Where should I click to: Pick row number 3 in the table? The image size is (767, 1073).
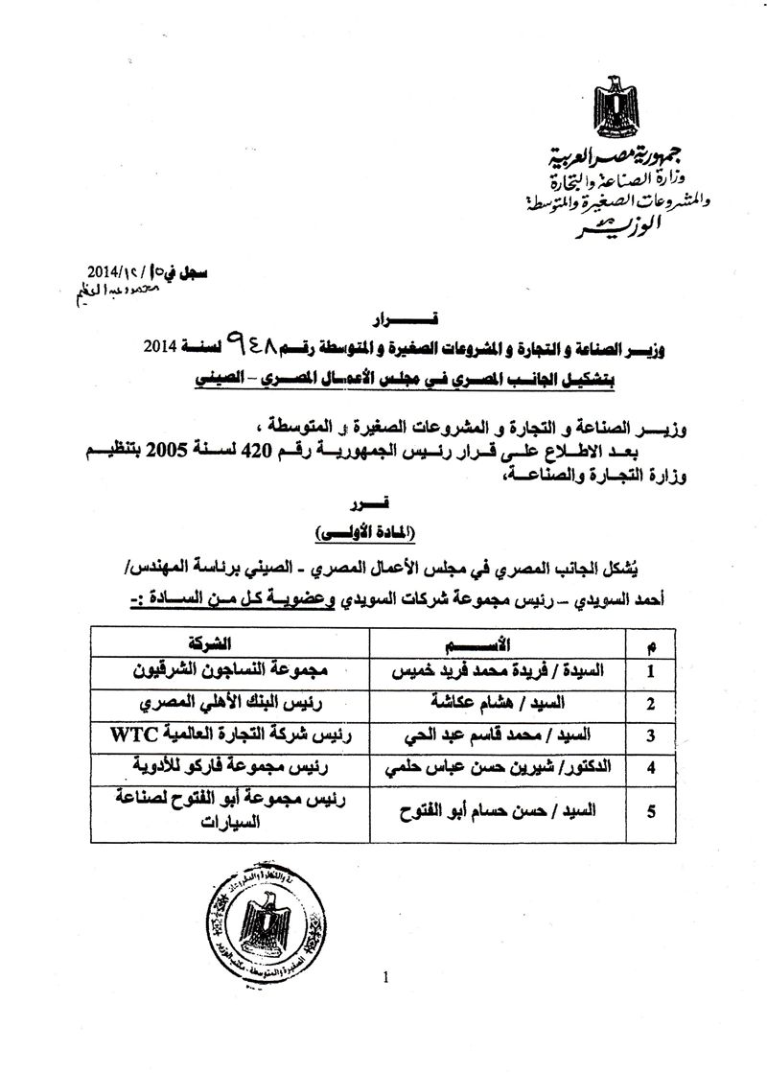click(651, 735)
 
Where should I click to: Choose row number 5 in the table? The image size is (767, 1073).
click(651, 811)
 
